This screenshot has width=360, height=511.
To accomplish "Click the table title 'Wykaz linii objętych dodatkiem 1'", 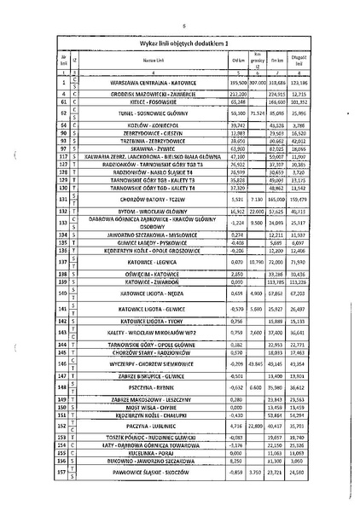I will pyautogui.click(x=179, y=43).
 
